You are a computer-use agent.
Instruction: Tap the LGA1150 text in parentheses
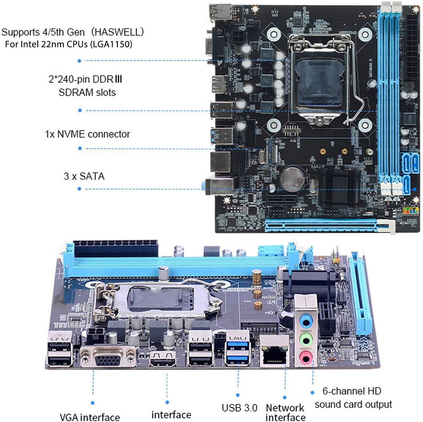[111, 44]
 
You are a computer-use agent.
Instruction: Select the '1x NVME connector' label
[87, 134]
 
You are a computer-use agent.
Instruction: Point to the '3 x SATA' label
[84, 176]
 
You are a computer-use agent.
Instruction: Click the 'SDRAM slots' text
[87, 92]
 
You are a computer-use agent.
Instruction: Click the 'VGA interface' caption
[90, 417]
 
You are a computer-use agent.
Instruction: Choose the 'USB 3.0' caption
[239, 408]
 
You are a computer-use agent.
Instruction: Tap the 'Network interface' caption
[285, 412]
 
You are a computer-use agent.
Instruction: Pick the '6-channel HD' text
[352, 391]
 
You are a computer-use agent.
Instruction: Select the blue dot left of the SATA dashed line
[79, 189]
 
